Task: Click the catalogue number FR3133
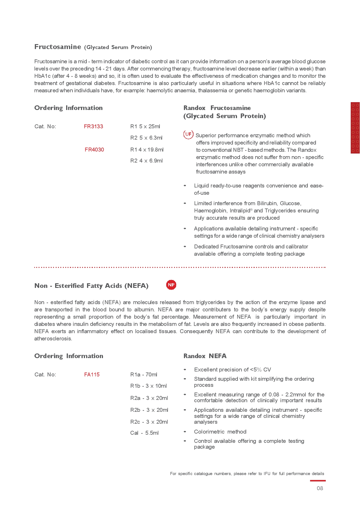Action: [x=93, y=127]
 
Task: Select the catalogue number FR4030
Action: [x=94, y=150]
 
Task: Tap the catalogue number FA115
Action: [x=92, y=375]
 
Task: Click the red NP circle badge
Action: [x=171, y=285]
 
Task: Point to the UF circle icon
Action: [x=188, y=134]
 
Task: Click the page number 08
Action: [x=320, y=488]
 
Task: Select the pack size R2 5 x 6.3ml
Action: [x=146, y=138]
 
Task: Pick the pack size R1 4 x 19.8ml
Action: [x=147, y=150]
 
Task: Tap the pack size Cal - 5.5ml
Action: [x=144, y=433]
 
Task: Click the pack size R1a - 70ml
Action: [x=144, y=375]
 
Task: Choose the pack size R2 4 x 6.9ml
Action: [x=146, y=161]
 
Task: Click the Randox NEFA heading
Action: [x=205, y=356]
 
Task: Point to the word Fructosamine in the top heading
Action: [x=58, y=47]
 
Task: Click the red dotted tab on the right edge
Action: [x=355, y=128]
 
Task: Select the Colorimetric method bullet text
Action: [x=220, y=432]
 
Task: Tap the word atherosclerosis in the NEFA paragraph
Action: [x=53, y=339]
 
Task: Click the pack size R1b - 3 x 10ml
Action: [x=148, y=386]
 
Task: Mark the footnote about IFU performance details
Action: [x=247, y=474]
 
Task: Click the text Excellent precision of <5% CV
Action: [x=232, y=370]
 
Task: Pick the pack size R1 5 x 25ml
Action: [x=145, y=127]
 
